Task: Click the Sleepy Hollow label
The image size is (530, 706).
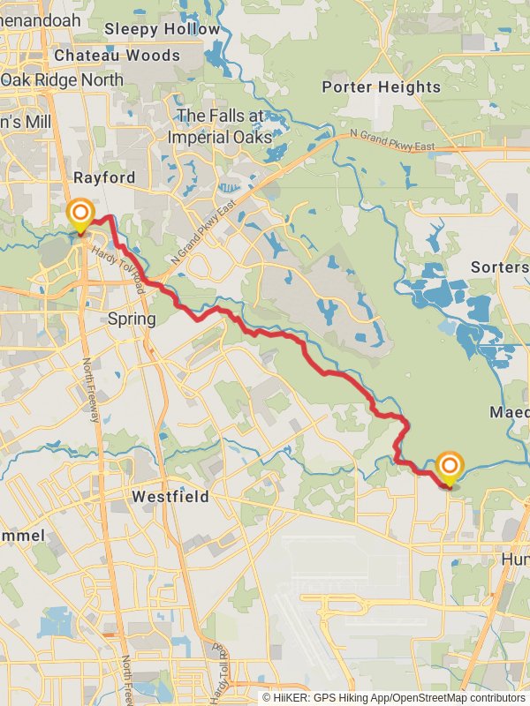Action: tap(162, 29)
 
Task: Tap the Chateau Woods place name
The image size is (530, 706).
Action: tap(117, 55)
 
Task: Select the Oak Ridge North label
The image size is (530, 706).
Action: tap(62, 79)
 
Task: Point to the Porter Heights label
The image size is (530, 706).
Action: tap(381, 86)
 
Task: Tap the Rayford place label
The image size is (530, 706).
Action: tap(104, 177)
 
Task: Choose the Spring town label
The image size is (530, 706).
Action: tap(131, 318)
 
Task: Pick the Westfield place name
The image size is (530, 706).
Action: tap(170, 497)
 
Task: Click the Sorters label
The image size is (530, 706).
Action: tap(499, 267)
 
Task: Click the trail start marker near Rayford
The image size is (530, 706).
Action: tap(80, 214)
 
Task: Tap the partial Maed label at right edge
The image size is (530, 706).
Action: tap(509, 412)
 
